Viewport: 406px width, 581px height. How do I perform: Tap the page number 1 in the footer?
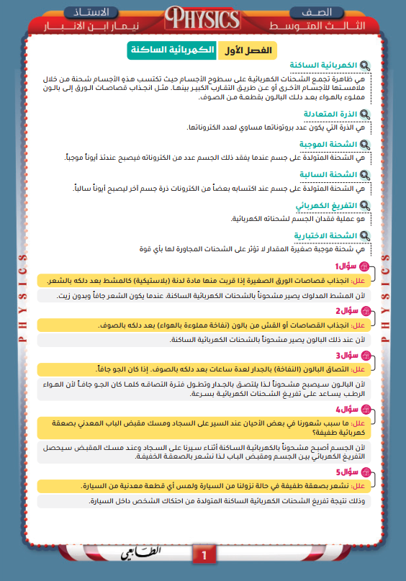[x=204, y=555]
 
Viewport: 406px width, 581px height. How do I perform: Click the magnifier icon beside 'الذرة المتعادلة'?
[x=365, y=114]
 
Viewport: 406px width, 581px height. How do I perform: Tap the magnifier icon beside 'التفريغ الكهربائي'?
[x=365, y=205]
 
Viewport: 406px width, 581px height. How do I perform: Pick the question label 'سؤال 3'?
[x=346, y=356]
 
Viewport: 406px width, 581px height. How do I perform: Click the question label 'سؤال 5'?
[x=346, y=472]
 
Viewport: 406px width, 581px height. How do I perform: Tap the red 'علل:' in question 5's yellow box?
[x=360, y=486]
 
